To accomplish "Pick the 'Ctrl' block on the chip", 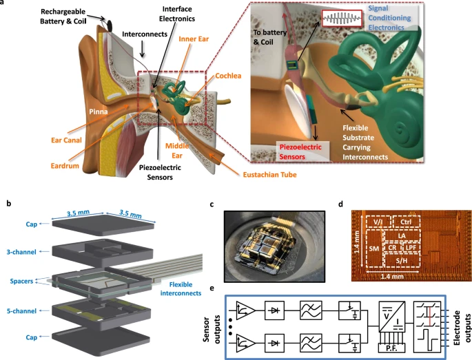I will pos(407,223).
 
